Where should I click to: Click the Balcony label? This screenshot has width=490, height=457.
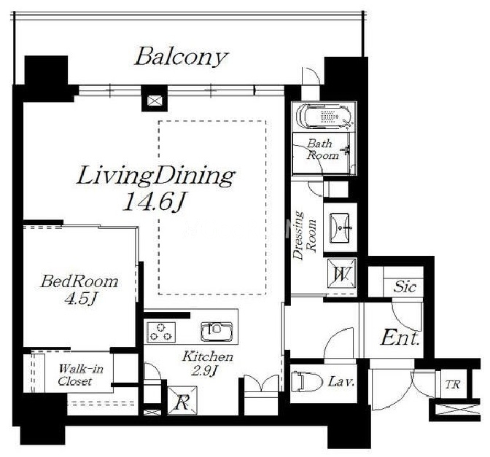pos(182,57)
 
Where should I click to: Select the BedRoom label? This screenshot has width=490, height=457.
pos(79,281)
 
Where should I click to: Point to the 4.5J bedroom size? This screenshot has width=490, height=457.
pos(80,299)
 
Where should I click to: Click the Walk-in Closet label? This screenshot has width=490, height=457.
pos(80,375)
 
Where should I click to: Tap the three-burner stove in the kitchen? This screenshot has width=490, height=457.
pos(161,332)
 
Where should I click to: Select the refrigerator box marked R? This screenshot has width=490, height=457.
pos(182,401)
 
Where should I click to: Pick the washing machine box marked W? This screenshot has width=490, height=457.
pos(341,273)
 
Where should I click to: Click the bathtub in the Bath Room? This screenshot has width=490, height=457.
pos(324,117)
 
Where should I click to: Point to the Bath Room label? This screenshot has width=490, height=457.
pos(322,149)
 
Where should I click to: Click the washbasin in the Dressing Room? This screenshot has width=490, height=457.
pos(340,227)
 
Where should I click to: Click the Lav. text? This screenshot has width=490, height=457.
pos(341,381)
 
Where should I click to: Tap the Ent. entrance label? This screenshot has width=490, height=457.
pos(400,338)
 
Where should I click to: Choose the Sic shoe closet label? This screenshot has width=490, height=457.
pos(405,286)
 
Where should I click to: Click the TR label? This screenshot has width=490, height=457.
pos(453,384)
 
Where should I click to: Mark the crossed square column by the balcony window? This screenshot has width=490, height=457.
pos(155,101)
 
